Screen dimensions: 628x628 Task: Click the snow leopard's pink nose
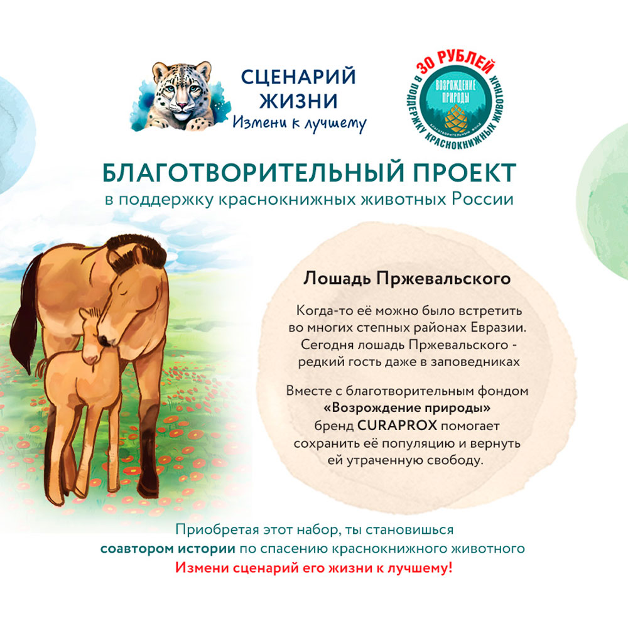pyautogui.click(x=182, y=106)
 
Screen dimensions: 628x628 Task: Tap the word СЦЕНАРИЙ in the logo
pyautogui.click(x=298, y=77)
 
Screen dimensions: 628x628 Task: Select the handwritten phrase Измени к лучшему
pyautogui.click(x=299, y=123)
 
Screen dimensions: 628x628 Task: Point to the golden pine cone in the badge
pyautogui.click(x=456, y=117)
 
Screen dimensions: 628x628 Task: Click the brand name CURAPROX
pyautogui.click(x=396, y=425)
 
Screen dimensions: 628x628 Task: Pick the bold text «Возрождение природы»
pyautogui.click(x=407, y=408)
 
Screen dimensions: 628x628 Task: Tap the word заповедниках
pyautogui.click(x=475, y=362)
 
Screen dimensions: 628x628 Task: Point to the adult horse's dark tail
pyautogui.click(x=26, y=317)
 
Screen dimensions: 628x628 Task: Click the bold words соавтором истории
pyautogui.click(x=168, y=549)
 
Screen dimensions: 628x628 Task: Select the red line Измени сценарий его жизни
pyautogui.click(x=313, y=568)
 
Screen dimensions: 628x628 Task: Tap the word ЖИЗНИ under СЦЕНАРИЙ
pyautogui.click(x=298, y=101)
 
